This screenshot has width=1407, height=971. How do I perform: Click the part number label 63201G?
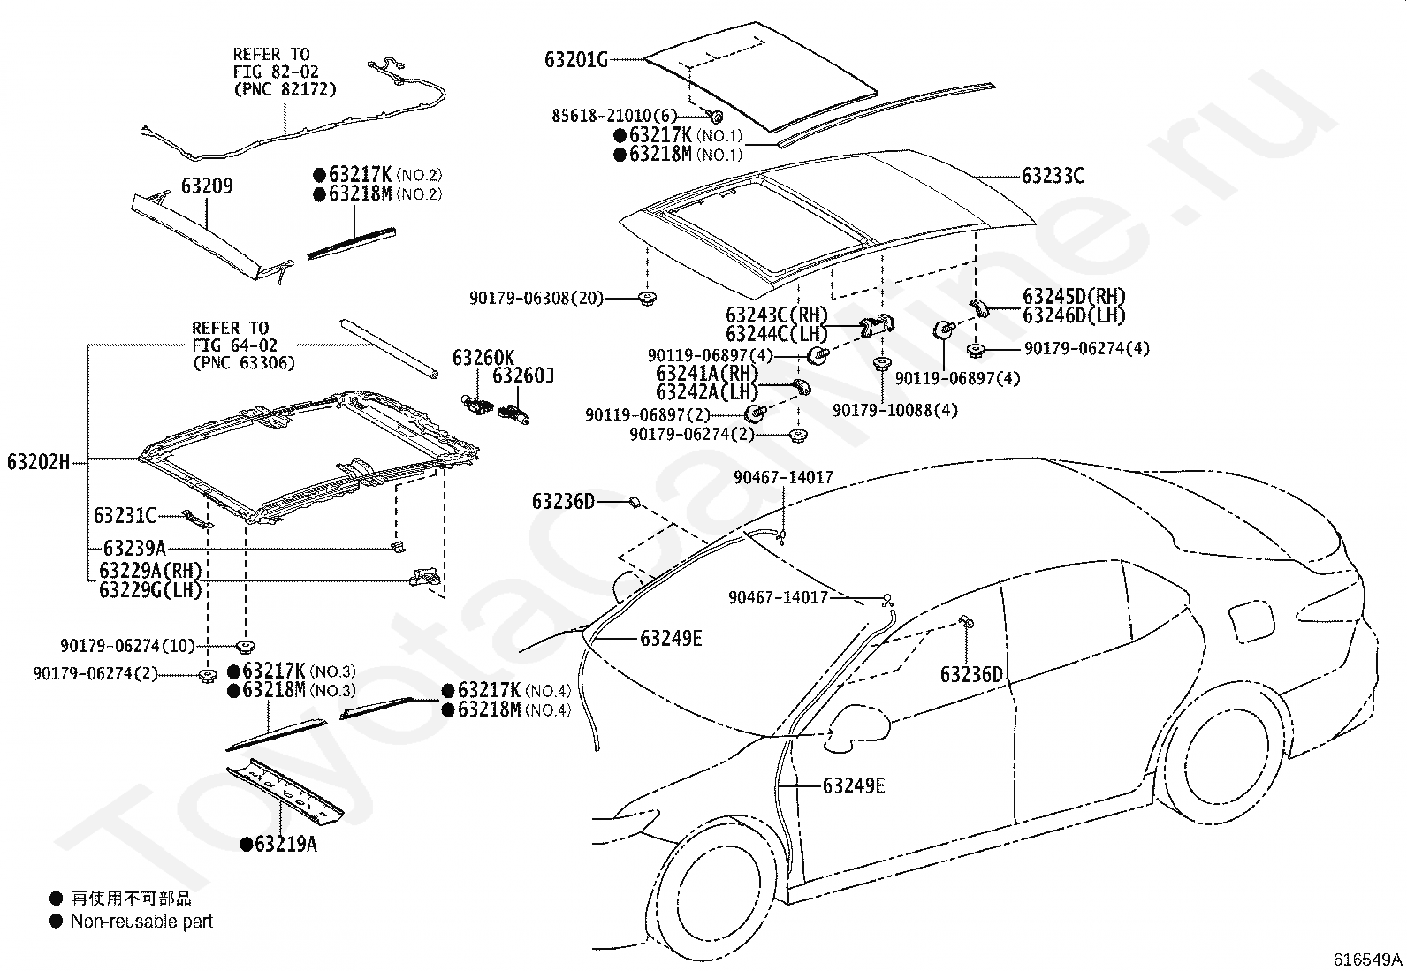(576, 60)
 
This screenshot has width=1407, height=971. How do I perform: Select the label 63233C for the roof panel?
(1053, 176)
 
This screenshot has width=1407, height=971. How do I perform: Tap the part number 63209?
(207, 186)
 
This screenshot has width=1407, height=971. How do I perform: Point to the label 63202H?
(38, 462)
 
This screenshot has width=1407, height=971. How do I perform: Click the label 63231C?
(125, 516)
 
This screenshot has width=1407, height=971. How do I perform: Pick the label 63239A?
(134, 549)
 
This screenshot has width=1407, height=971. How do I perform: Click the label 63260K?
(483, 358)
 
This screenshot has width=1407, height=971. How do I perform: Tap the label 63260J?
(523, 376)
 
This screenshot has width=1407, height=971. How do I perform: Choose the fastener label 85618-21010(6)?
(614, 116)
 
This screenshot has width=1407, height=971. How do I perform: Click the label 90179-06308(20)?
(536, 298)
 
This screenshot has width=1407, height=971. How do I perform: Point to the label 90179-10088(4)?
(895, 411)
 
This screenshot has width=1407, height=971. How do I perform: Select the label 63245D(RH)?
(1074, 297)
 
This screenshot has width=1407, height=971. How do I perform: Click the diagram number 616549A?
(1367, 960)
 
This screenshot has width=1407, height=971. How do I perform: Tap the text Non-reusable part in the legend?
(142, 922)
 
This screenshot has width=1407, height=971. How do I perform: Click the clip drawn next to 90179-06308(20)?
(646, 299)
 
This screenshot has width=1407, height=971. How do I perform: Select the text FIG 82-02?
(276, 72)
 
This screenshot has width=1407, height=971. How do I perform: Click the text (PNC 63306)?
(244, 363)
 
